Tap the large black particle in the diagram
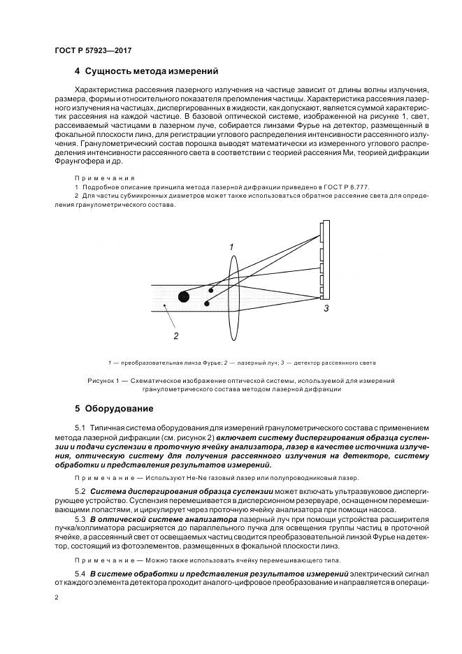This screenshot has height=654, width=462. pos(184,296)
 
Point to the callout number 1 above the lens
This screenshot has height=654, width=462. pos(231,247)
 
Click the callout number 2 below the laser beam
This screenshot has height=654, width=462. pos(176,336)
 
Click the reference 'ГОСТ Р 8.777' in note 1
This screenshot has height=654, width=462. pos(368,187)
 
